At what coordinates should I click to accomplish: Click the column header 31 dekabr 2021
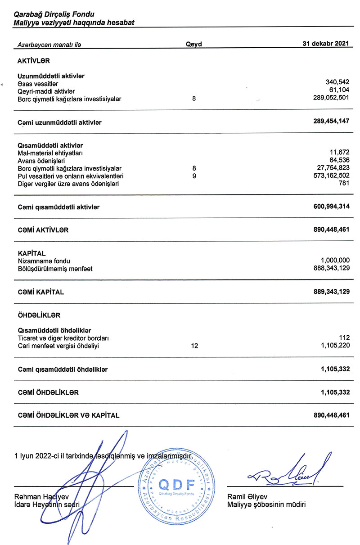coord(326,44)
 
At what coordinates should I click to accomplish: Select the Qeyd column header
coord(194,44)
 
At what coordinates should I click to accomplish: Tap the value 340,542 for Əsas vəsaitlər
coord(337,83)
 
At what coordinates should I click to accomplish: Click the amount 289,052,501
coord(331,98)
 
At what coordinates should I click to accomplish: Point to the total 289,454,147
coord(331,122)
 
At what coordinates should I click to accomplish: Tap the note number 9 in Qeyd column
coord(194,176)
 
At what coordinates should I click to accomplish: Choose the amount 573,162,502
coord(331,176)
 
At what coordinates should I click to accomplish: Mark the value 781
coord(344,183)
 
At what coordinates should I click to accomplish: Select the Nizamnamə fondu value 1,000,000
coord(335,261)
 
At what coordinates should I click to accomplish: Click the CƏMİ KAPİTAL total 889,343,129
coord(331,292)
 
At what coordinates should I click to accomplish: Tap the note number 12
coord(194,346)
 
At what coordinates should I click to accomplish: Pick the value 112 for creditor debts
coord(344,338)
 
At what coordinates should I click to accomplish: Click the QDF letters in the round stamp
coord(177,485)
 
